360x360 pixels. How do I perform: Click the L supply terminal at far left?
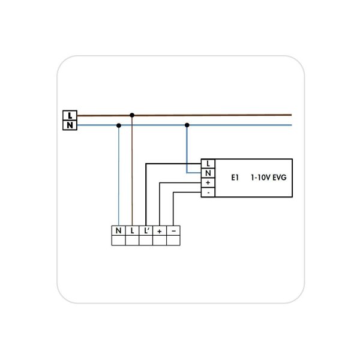(70, 115)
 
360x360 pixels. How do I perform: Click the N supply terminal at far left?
(70, 125)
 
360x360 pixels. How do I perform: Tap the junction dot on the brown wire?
(132, 115)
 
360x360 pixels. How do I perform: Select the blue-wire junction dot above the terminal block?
(119, 125)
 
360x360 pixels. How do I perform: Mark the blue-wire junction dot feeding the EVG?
(187, 125)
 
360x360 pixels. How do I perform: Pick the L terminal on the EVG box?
(208, 163)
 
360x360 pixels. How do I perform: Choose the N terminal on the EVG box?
(208, 173)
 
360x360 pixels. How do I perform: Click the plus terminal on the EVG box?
(208, 182)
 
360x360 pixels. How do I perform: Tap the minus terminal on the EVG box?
(208, 192)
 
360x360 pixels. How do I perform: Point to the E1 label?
(235, 178)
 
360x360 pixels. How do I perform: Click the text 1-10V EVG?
(269, 178)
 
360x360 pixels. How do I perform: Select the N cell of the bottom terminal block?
(118, 230)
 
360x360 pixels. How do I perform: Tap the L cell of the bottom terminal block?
(132, 230)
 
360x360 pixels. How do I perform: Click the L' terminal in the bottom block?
(146, 230)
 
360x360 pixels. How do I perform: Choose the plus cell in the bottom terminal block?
(160, 230)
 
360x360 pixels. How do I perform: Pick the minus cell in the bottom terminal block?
(173, 230)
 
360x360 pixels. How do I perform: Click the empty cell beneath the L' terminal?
(146, 241)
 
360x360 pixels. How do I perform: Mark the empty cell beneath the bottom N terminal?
(118, 241)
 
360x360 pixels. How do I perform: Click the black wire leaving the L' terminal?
(146, 198)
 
